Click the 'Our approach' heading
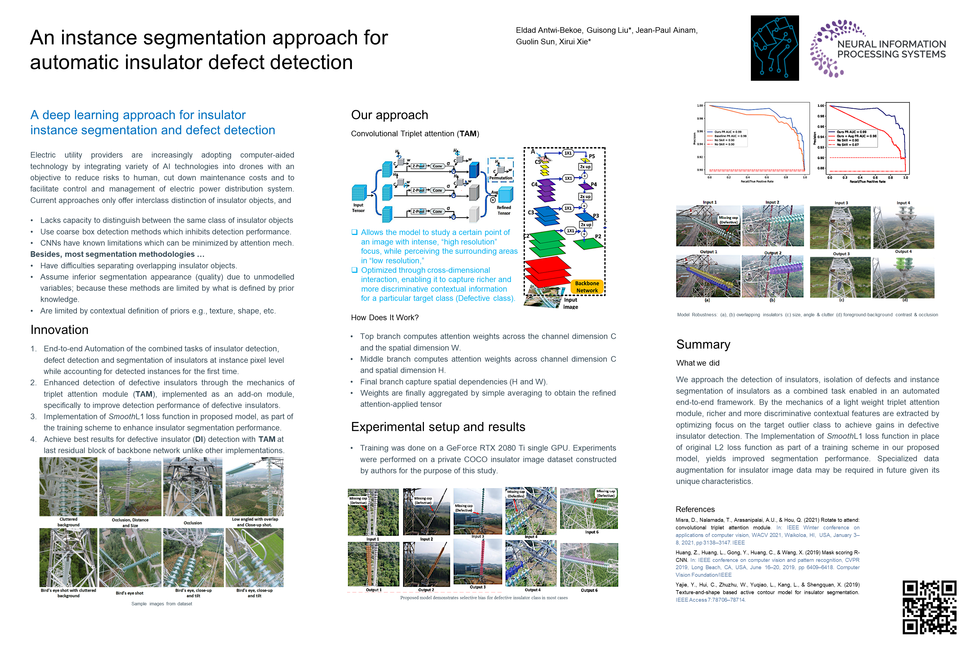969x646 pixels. (389, 115)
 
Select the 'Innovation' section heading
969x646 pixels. (59, 330)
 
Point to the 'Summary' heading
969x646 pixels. (703, 344)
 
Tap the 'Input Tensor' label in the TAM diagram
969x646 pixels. (358, 208)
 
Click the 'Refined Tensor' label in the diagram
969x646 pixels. (504, 210)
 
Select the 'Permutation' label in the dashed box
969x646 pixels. (500, 178)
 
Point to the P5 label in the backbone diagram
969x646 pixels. (592, 156)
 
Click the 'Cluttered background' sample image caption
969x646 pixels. (68, 522)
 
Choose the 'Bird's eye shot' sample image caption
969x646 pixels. (129, 593)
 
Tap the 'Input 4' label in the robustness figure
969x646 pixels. (903, 203)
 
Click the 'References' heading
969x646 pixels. (695, 509)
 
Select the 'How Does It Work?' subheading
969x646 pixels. (384, 318)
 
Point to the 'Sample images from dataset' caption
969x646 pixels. (161, 604)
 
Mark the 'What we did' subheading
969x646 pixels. (698, 363)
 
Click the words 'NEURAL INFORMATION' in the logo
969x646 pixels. (891, 44)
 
